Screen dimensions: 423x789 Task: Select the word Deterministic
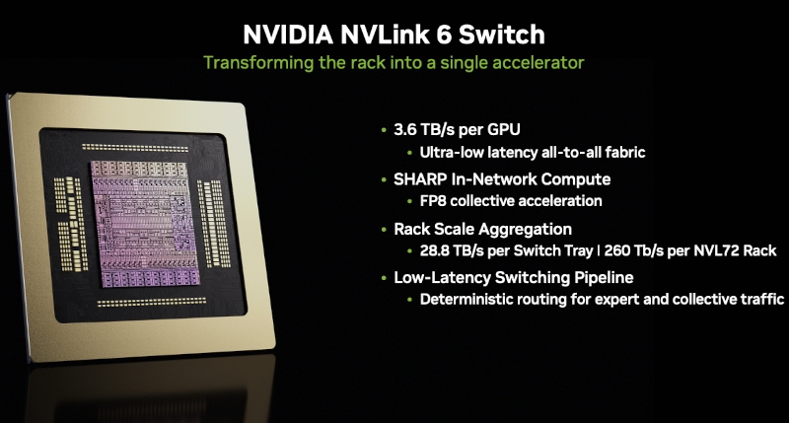tap(466, 299)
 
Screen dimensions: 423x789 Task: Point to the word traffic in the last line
tap(761, 299)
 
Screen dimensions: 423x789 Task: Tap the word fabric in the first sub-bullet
tap(625, 153)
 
